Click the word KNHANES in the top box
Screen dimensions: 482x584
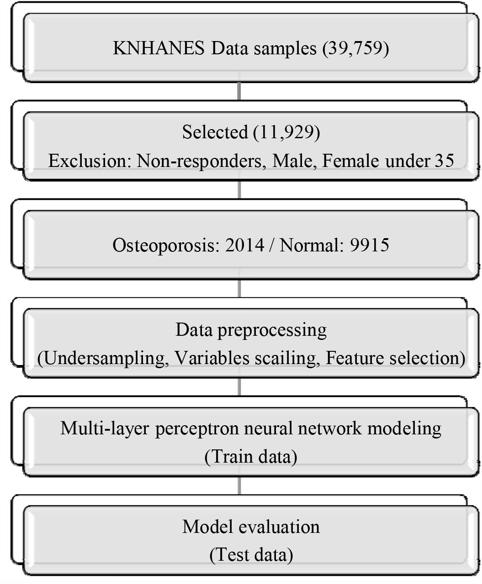click(159, 48)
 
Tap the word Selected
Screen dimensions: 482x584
click(215, 132)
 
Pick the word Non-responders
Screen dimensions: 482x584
click(201, 162)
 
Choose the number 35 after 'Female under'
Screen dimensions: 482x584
click(444, 161)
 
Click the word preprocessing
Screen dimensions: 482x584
click(272, 330)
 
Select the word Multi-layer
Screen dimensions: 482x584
click(105, 428)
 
